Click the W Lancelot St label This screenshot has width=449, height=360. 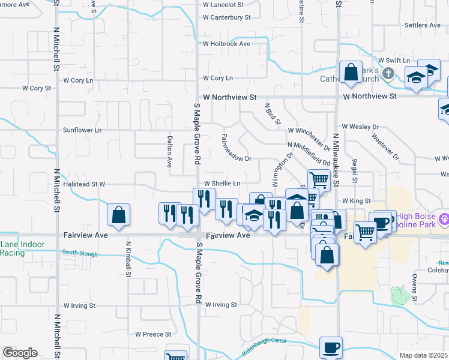[226, 4]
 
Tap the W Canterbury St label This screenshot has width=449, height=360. [226, 17]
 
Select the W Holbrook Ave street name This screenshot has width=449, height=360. [226, 44]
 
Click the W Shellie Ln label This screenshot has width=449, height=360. [222, 184]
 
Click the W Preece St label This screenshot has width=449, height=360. [153, 334]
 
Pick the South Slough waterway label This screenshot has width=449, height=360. [79, 254]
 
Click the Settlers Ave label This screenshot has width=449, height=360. [423, 25]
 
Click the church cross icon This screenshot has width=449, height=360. [388, 74]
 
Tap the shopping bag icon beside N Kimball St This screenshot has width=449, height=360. [119, 215]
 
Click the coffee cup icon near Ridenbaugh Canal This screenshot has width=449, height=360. [331, 347]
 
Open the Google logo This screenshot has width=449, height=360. [20, 353]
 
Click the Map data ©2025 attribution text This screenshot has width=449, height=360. [424, 355]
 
